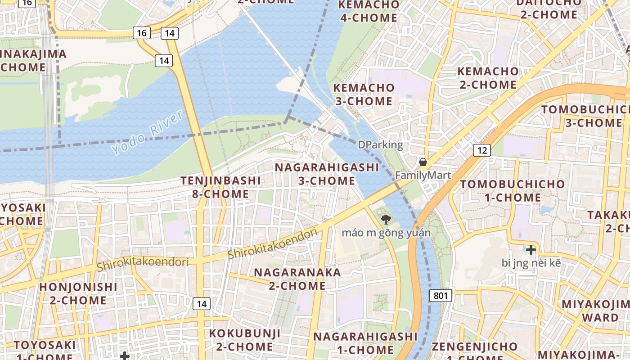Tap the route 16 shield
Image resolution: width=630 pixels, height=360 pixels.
coord(142,33)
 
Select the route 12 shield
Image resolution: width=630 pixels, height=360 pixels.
coord(481,150)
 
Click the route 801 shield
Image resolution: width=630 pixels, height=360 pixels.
coord(441,296)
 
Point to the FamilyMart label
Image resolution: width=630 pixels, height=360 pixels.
coord(423,175)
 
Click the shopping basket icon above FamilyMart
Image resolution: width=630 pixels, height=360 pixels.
coord(423,162)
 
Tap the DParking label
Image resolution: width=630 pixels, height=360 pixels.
coord(380,144)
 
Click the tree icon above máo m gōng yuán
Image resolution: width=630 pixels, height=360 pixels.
coord(385,220)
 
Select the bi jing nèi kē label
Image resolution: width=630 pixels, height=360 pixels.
coord(531,262)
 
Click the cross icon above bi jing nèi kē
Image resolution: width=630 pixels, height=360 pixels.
coord(531,249)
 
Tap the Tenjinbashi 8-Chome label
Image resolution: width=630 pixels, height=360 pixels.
coord(220,187)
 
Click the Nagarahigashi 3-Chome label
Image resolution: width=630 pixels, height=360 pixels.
coord(327,174)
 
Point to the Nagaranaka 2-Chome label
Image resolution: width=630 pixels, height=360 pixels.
coord(297,279)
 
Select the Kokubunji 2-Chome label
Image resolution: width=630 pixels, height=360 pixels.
coord(245,340)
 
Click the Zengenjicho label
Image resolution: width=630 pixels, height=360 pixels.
coord(474,347)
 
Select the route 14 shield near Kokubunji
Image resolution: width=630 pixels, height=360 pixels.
coord(201,304)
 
